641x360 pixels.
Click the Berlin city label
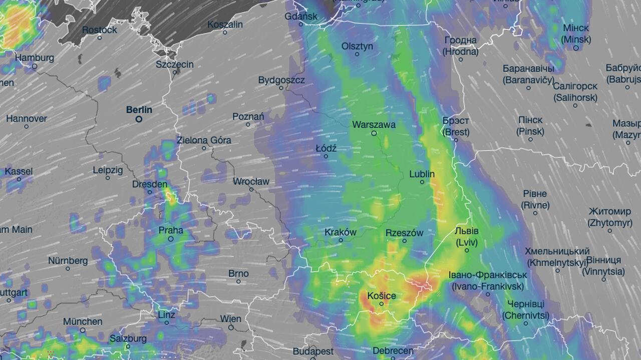coord(139,110)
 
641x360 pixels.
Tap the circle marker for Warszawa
coord(374,133)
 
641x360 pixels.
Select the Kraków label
coord(341,232)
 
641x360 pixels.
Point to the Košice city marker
coord(381,304)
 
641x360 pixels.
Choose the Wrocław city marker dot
coord(251,189)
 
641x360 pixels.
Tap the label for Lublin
coord(422,174)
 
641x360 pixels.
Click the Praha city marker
coord(171,239)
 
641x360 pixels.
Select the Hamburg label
coord(35,58)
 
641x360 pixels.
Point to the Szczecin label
coord(174,64)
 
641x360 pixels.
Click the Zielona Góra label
coord(204,140)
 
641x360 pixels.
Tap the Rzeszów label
coord(404,233)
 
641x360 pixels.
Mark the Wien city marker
coord(231,327)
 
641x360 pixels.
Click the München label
coord(83,321)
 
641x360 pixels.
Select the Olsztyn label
coord(357,46)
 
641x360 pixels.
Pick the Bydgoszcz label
coord(281,80)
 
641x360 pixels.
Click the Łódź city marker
coord(326,156)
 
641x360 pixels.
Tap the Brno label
coord(238,273)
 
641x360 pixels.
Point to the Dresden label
coord(150,184)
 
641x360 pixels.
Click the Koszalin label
coord(225,25)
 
